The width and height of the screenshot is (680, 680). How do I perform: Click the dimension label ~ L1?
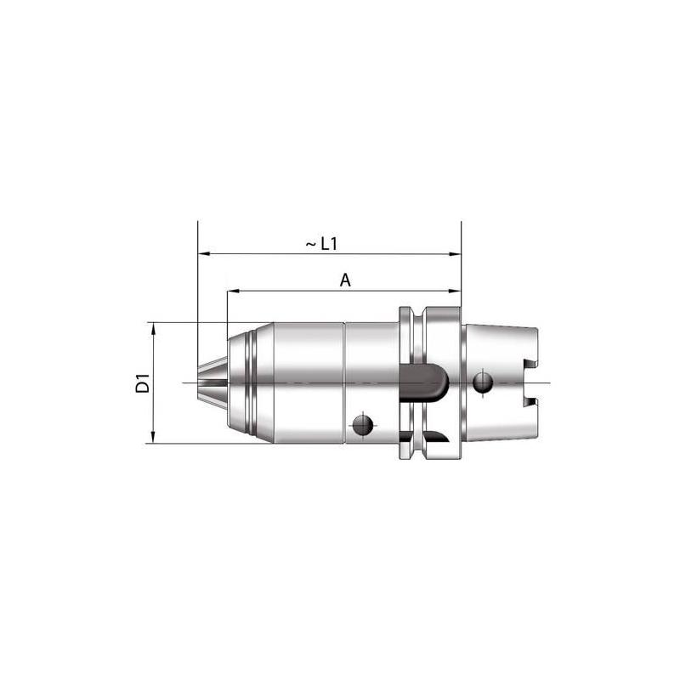(323, 244)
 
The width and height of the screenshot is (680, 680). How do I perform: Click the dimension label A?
(345, 280)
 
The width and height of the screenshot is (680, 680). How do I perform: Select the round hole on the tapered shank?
(484, 382)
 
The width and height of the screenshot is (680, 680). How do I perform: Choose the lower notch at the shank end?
(532, 400)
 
